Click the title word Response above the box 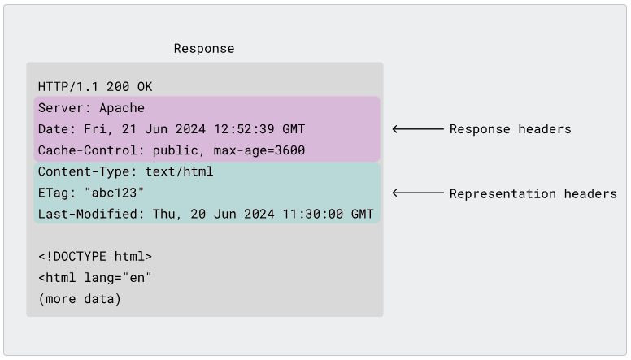point(204,49)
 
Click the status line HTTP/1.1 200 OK point(95,86)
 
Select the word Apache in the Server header point(122,108)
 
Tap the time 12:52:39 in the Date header point(244,129)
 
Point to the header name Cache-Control point(87,150)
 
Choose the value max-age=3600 point(259,150)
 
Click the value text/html point(179,171)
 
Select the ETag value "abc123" point(115,193)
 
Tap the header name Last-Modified point(87,214)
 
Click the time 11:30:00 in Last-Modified point(313,214)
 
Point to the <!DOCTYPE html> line point(95,256)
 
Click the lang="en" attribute point(118,278)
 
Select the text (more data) point(80,299)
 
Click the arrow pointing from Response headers point(418,128)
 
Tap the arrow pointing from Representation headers point(418,193)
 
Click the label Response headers point(511,129)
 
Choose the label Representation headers point(533,194)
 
